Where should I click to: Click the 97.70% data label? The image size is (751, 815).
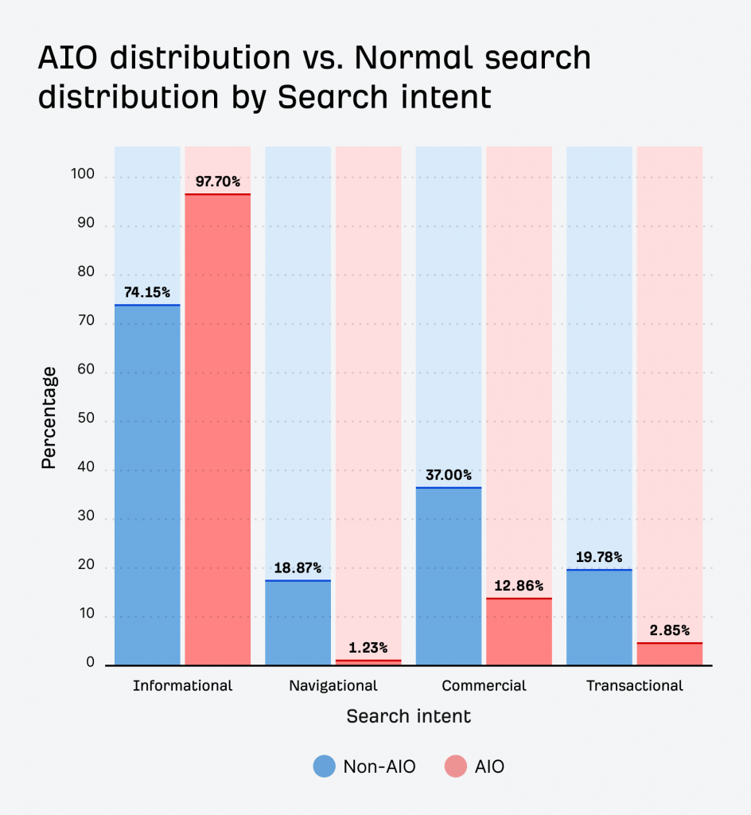218,182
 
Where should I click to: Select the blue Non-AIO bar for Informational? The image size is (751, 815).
147,485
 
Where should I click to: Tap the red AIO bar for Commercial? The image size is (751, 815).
519,633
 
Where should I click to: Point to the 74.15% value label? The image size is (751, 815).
147,293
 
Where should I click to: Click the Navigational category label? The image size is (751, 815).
333,685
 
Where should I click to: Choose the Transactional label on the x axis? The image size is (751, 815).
634,685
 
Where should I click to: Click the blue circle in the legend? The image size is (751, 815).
325,766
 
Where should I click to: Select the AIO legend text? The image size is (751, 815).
489,766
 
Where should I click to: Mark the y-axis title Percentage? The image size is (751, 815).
49,417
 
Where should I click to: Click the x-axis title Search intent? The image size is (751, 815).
409,716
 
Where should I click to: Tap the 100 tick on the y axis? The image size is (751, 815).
82,174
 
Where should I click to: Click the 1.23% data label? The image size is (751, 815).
368,648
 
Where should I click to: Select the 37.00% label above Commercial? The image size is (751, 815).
449,475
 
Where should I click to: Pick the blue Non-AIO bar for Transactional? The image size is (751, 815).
599,618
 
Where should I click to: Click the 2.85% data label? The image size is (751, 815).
669,630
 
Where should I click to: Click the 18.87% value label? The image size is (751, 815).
298,568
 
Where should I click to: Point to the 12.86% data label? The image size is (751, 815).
519,586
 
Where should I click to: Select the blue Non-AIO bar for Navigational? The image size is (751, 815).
298,623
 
